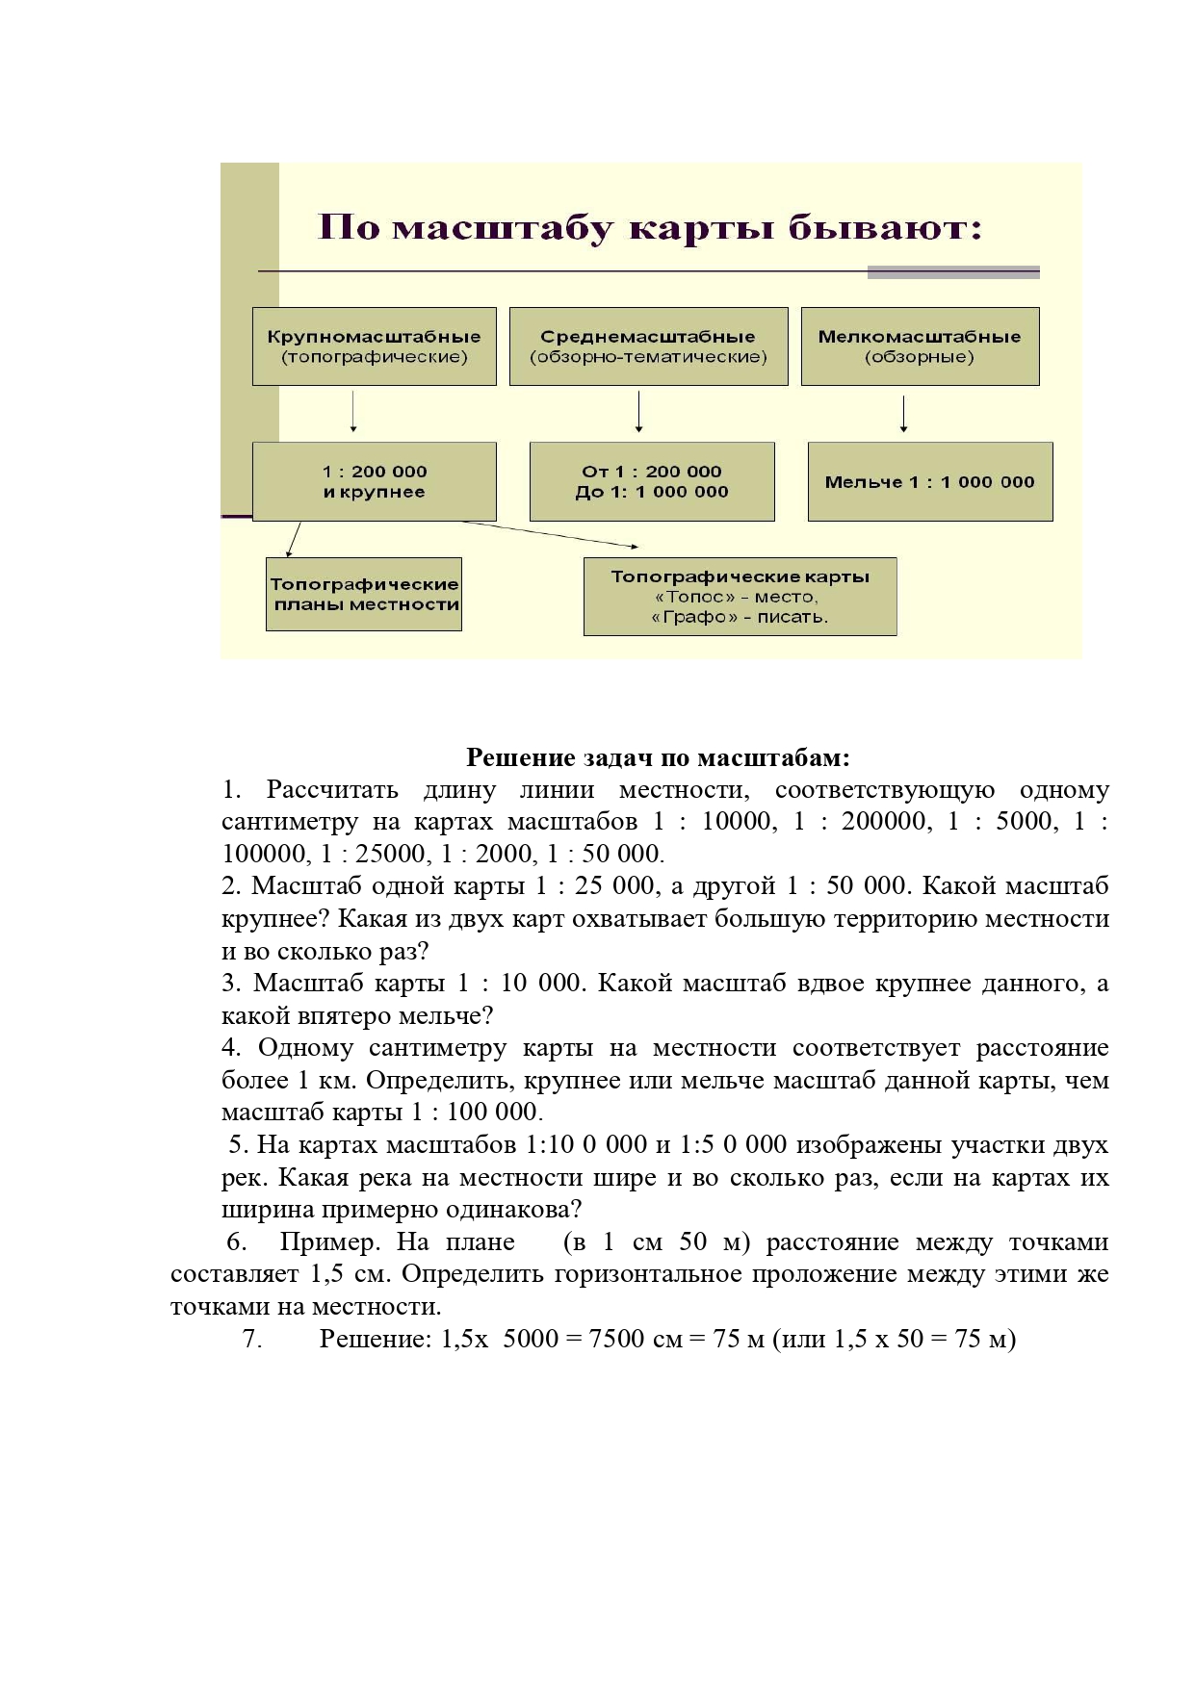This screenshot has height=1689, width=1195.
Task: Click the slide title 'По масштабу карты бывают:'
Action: tap(650, 229)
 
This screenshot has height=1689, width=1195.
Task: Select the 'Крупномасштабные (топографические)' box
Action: tap(374, 346)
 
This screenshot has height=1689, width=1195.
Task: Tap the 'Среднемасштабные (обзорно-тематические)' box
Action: tap(648, 346)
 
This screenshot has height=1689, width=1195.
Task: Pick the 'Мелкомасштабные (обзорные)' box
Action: tap(920, 346)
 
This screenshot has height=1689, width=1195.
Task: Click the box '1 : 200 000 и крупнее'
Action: tap(374, 481)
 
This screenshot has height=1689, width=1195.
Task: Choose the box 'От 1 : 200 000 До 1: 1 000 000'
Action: tap(652, 481)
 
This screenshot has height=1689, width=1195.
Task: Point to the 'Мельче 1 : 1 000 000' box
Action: tap(929, 482)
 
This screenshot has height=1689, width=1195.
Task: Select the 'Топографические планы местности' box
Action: tap(364, 594)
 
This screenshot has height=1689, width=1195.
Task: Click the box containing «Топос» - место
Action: tap(740, 597)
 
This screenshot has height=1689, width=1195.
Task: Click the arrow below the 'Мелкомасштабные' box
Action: tap(903, 414)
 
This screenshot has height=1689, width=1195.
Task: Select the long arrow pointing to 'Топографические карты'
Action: tap(549, 533)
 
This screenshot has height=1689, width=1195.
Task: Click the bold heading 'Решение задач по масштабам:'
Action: tap(658, 757)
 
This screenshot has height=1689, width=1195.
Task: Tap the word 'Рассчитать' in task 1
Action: tap(332, 790)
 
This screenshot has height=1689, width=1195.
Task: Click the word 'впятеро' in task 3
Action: tap(347, 1015)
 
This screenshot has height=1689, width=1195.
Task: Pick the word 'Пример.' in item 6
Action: tap(330, 1241)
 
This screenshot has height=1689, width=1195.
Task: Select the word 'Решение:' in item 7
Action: tap(376, 1339)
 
